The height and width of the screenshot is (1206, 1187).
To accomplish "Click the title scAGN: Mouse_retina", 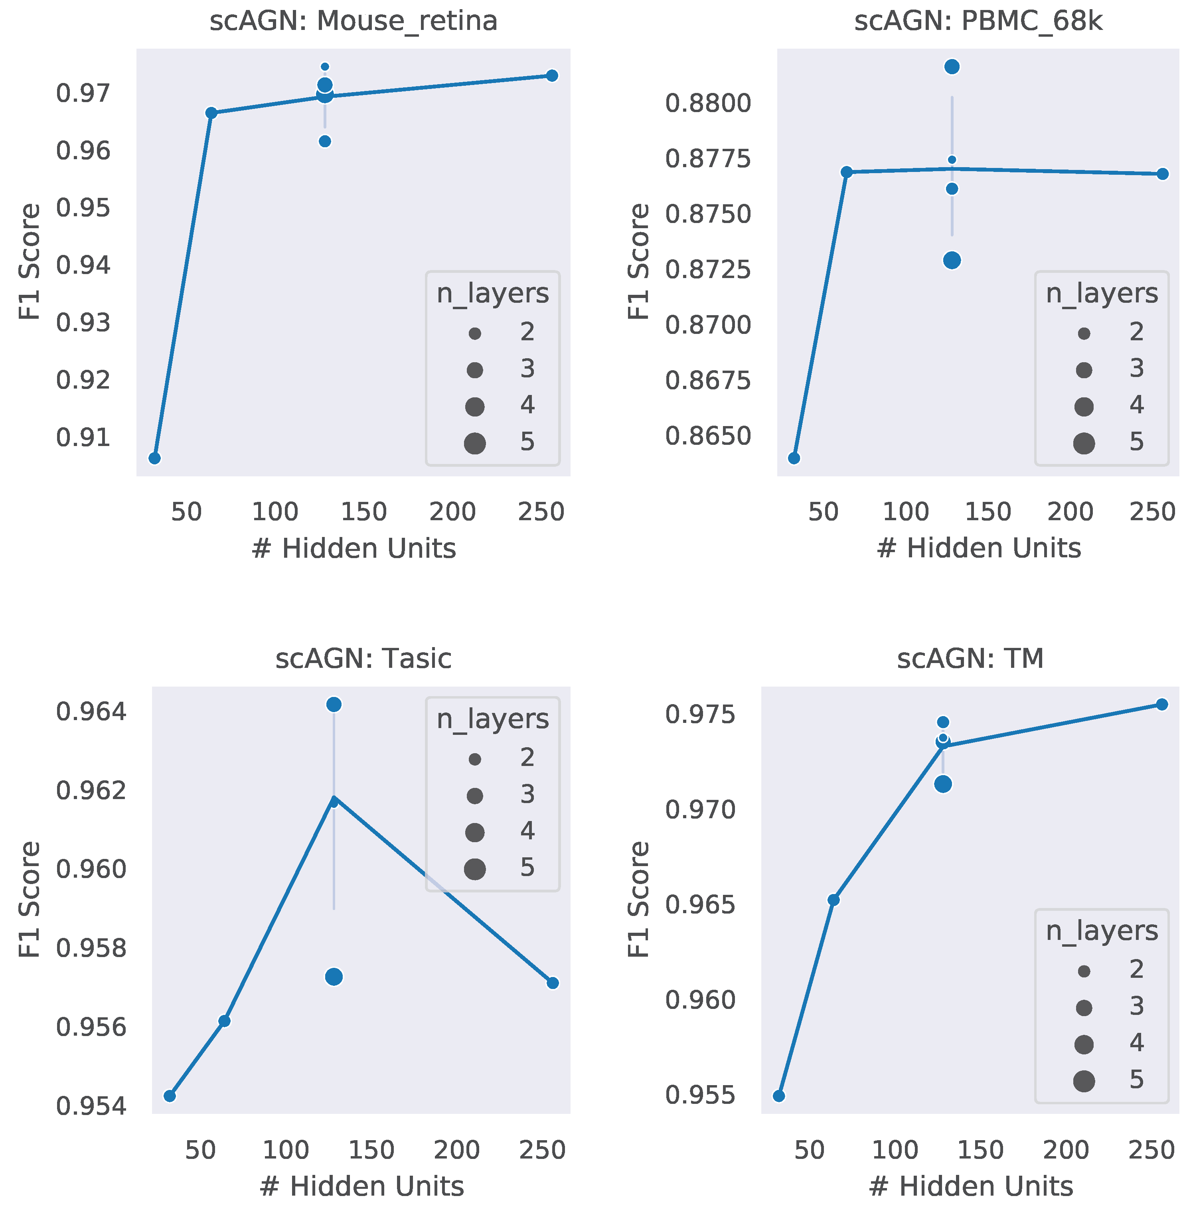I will pyautogui.click(x=354, y=21).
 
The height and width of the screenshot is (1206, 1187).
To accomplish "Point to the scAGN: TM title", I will pyautogui.click(x=970, y=659).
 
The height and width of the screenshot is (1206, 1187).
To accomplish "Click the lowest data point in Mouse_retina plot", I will pyautogui.click(x=155, y=458).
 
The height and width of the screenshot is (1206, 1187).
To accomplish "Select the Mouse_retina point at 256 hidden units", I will pyautogui.click(x=552, y=75).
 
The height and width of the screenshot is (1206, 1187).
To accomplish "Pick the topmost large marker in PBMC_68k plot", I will pyautogui.click(x=951, y=67).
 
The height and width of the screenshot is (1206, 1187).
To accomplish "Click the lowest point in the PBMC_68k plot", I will pyautogui.click(x=794, y=458).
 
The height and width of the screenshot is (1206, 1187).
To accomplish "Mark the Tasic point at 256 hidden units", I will pyautogui.click(x=552, y=983).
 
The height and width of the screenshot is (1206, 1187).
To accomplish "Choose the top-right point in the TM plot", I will pyautogui.click(x=1162, y=704).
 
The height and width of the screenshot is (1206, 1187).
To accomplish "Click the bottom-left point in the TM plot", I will pyautogui.click(x=779, y=1095).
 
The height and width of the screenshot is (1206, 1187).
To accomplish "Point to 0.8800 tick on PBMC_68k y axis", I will pyautogui.click(x=708, y=103).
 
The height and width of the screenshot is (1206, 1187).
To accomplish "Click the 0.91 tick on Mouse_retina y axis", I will pyautogui.click(x=83, y=438).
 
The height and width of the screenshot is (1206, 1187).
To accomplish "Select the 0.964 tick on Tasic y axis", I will pyautogui.click(x=91, y=712).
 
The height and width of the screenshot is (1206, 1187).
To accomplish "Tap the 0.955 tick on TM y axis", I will pyautogui.click(x=700, y=1095).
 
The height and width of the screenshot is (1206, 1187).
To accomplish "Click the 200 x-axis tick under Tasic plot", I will pyautogui.click(x=456, y=1150).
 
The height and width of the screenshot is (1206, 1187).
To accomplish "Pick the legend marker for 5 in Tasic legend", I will pyautogui.click(x=475, y=869).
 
